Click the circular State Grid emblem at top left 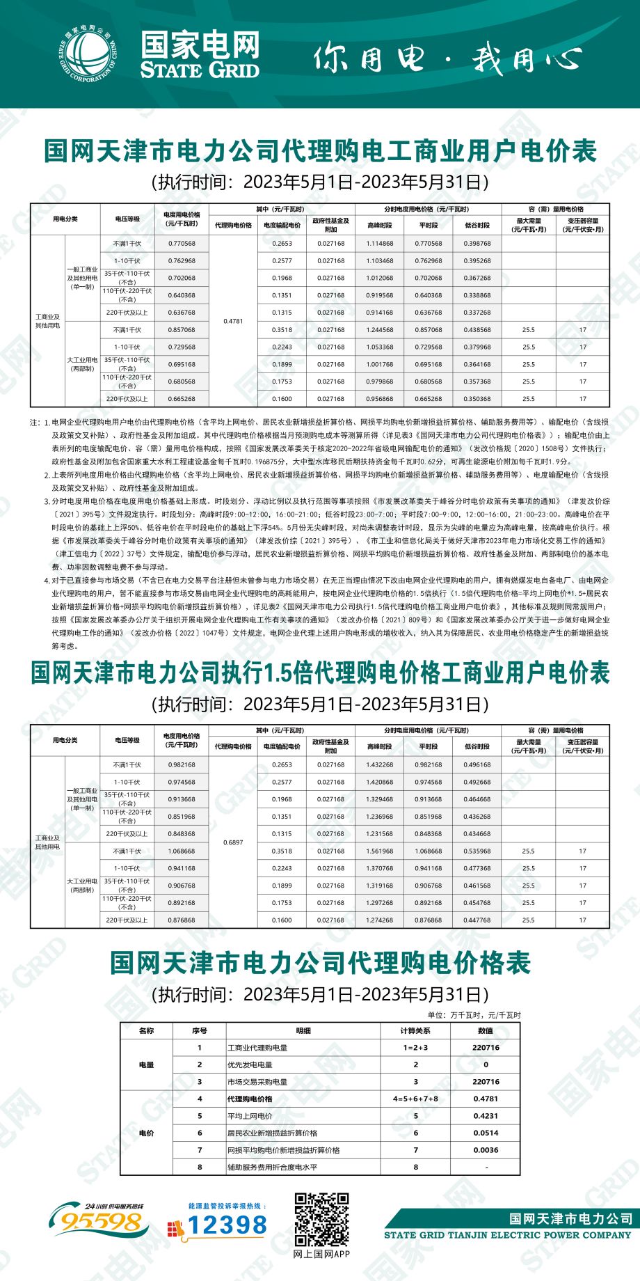(88, 54)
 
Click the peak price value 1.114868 (380, 244)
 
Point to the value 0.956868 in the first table (380, 399)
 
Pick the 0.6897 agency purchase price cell (233, 842)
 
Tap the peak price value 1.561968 (380, 851)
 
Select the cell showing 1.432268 (380, 764)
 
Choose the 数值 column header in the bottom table (486, 1030)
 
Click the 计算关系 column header (415, 1030)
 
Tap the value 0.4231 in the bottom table (486, 1116)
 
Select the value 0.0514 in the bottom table (486, 1133)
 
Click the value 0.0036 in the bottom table (486, 1150)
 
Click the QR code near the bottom (321, 1220)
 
